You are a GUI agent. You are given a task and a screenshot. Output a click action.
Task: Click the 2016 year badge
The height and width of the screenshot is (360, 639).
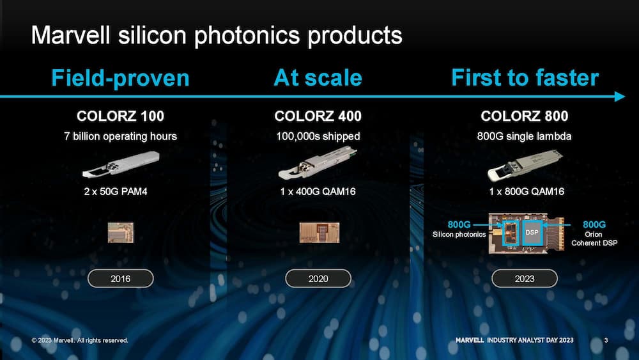tap(121, 278)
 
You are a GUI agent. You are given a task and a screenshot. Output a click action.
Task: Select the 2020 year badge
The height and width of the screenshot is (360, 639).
tap(318, 278)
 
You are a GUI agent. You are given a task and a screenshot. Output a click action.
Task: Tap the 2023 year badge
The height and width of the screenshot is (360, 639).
tap(525, 278)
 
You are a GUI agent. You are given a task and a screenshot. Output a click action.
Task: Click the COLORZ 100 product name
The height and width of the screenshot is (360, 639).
tap(120, 116)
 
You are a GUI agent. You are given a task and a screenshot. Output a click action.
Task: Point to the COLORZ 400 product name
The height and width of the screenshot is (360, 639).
tap(318, 116)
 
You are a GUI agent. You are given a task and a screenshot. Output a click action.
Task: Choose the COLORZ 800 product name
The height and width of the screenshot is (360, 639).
tap(525, 116)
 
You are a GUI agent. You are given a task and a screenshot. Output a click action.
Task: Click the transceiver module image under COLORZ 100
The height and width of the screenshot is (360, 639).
tap(121, 164)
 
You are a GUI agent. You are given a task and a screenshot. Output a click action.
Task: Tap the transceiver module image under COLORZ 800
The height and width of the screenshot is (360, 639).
tap(525, 165)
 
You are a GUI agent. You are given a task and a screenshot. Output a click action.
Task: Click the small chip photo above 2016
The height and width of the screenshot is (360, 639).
tap(121, 233)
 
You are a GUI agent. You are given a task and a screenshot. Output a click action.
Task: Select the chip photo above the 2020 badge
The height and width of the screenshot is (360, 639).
tap(319, 233)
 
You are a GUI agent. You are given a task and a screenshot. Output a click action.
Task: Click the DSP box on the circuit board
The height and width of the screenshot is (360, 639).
tap(532, 232)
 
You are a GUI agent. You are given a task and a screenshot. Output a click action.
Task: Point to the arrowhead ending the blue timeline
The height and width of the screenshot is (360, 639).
tap(620, 97)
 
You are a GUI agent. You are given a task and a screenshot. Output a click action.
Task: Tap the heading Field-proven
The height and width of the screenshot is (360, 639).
tap(121, 78)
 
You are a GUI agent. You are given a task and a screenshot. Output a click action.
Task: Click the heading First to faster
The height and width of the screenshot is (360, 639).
tap(525, 77)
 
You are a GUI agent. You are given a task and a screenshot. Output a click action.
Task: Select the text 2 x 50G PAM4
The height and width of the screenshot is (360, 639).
tap(116, 192)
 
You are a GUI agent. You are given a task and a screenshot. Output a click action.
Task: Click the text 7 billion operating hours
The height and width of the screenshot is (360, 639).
tap(121, 136)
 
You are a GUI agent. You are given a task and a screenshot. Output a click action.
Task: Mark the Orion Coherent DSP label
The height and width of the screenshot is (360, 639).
tap(594, 239)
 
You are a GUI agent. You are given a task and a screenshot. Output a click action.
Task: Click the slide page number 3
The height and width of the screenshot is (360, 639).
tap(606, 340)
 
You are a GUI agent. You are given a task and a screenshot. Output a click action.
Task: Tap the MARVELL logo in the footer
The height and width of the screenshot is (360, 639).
tap(470, 340)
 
